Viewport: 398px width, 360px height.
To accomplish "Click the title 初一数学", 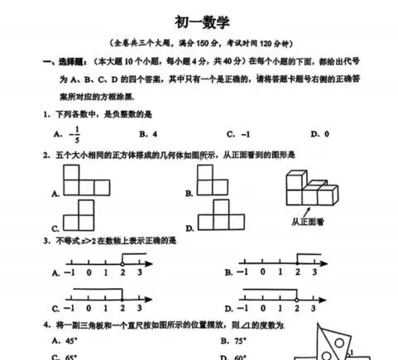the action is click(199, 22).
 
